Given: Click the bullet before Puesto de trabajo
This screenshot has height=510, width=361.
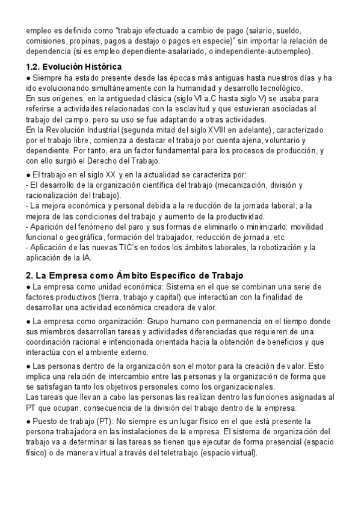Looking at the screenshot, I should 29,422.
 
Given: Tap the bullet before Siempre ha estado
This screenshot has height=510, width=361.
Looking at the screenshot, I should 29,78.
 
